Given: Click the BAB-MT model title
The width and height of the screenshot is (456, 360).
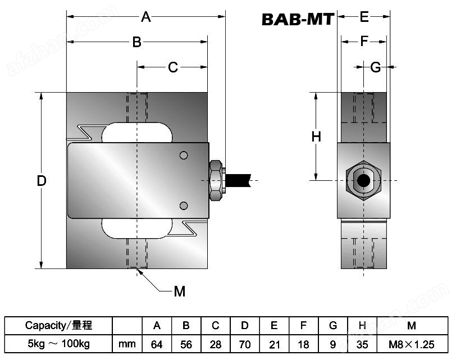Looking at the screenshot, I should [298, 20].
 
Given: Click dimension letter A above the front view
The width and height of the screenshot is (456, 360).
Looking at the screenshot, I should [146, 17].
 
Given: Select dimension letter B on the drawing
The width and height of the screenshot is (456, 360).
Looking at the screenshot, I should [136, 42].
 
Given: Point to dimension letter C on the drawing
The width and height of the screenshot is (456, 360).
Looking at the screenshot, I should [173, 67].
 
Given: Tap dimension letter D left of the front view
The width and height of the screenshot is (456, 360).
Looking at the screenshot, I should [41, 181].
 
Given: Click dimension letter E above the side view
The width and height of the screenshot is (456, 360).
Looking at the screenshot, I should [364, 17].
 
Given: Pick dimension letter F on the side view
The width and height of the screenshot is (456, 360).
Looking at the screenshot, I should [364, 42].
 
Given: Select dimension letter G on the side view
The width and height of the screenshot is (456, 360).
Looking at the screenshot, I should [376, 67].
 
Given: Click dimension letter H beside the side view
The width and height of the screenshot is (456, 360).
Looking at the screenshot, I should [316, 136].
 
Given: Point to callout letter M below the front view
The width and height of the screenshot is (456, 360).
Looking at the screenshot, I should [179, 291].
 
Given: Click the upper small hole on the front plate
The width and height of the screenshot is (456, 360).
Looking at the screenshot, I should [184, 155].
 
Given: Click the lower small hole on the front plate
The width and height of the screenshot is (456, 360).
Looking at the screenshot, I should [184, 205].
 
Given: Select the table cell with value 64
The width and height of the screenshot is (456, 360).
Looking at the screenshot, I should [157, 343].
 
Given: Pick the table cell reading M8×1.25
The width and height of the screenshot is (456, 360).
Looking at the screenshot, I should [412, 343].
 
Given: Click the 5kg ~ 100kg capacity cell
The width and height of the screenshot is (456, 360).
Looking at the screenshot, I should [58, 343].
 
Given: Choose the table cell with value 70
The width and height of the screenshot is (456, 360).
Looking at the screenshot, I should [245, 343].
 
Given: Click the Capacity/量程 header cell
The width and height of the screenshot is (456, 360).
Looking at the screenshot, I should [58, 326].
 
